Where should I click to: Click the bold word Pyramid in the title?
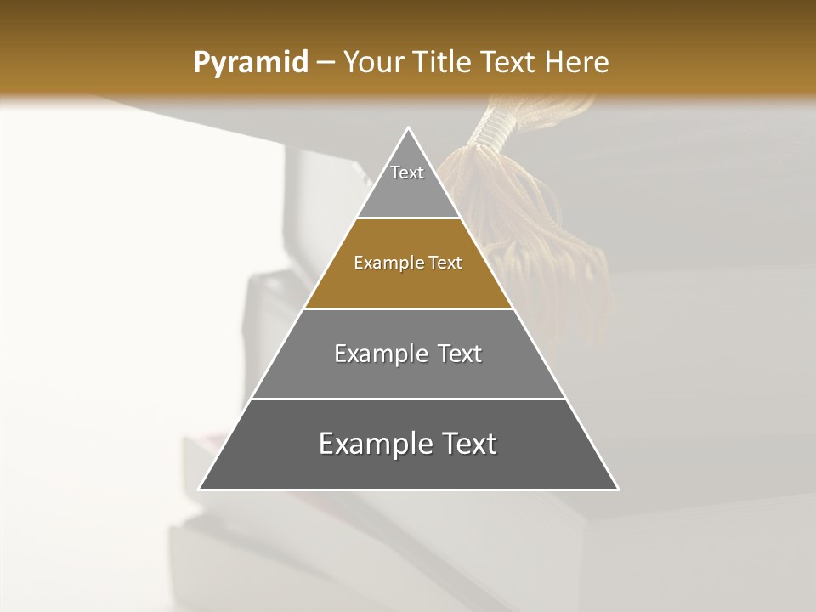pyautogui.click(x=251, y=63)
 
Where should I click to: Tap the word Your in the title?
pyautogui.click(x=374, y=63)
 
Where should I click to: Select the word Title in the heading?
pyautogui.click(x=444, y=63)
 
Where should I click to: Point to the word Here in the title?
pyautogui.click(x=577, y=63)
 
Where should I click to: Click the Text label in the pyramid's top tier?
pyautogui.click(x=407, y=173)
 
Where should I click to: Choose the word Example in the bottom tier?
pyautogui.click(x=372, y=444)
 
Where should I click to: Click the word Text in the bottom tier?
pyautogui.click(x=466, y=444)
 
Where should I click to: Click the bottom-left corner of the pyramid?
pyautogui.click(x=200, y=489)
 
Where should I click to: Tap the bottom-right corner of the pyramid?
pyautogui.click(x=618, y=489)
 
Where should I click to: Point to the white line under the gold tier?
pyautogui.click(x=409, y=309)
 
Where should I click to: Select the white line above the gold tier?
pyautogui.click(x=409, y=218)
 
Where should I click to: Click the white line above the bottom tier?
pyautogui.click(x=409, y=399)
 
